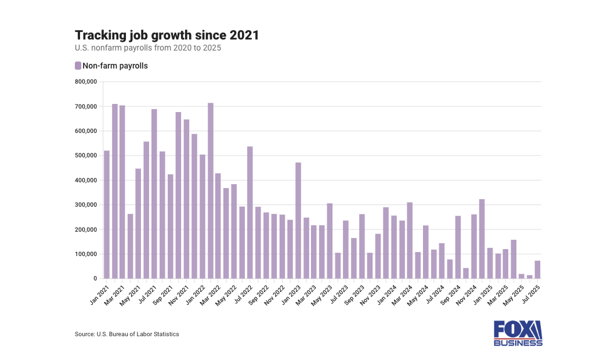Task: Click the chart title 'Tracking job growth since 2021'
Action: (x=167, y=35)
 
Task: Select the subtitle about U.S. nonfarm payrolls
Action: (x=148, y=48)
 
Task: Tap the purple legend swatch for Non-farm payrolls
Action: (x=78, y=66)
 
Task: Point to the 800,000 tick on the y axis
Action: (x=86, y=82)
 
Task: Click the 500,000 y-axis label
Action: (x=86, y=156)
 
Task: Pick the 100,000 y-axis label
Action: (x=86, y=254)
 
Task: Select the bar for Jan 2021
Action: (x=107, y=215)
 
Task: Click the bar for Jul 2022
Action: (x=250, y=213)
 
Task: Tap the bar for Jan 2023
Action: (x=298, y=221)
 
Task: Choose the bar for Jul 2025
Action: (x=538, y=270)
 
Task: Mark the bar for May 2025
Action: (x=522, y=276)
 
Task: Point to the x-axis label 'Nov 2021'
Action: (x=179, y=293)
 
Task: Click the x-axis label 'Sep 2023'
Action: (x=355, y=293)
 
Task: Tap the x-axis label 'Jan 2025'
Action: (x=482, y=293)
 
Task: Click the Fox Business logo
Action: (x=518, y=333)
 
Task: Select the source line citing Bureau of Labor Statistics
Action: (x=127, y=334)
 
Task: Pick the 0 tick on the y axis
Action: (x=95, y=279)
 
